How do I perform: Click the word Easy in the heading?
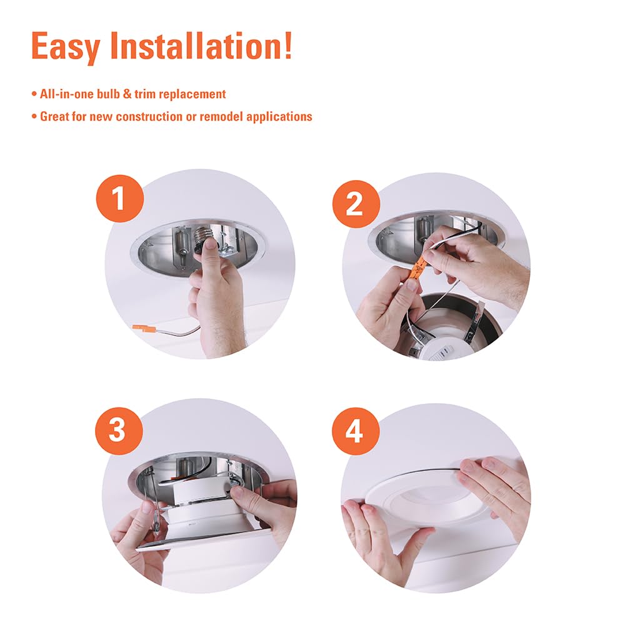67,46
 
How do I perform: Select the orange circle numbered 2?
356,204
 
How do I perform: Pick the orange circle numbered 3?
118,430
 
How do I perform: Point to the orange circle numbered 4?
354,431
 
